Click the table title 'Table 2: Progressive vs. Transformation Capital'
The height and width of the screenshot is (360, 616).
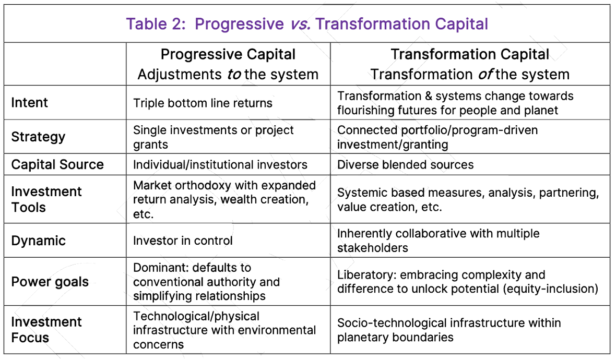(307, 24)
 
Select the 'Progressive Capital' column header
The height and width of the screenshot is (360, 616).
(228, 55)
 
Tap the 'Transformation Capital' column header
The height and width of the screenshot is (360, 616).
(470, 55)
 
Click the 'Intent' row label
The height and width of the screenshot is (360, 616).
(29, 102)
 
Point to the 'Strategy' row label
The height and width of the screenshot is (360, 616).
(38, 137)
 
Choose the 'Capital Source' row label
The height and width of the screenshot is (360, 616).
(57, 164)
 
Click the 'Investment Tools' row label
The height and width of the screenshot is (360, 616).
(46, 199)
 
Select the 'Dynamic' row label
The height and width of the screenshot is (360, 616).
(39, 241)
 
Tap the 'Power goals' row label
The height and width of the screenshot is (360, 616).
(50, 282)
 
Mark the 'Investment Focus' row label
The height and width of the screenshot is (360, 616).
(46, 330)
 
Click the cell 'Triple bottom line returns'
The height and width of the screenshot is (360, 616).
(203, 103)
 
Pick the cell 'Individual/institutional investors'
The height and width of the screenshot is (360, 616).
(220, 164)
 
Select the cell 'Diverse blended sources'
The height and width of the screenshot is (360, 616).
(406, 164)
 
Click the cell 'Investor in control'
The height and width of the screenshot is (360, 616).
(183, 241)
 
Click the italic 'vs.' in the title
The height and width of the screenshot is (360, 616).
(300, 25)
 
